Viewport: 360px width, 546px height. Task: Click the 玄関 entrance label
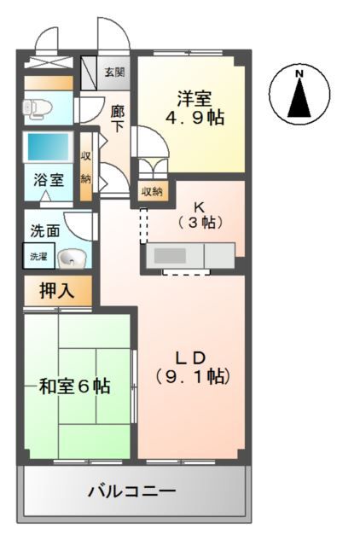(113, 71)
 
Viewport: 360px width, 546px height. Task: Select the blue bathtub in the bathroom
(47, 146)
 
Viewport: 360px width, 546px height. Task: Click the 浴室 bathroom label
(47, 181)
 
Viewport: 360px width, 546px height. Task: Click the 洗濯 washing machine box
(38, 256)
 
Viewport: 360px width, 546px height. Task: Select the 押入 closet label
(56, 290)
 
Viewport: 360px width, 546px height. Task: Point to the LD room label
(191, 355)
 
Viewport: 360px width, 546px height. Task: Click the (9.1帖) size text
(192, 375)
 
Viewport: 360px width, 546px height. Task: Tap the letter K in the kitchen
(199, 206)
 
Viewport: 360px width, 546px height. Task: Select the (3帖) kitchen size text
(200, 223)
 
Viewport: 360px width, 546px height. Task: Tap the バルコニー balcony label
(132, 491)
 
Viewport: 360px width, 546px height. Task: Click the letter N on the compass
(299, 73)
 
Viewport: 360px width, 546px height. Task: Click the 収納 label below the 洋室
(150, 191)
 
